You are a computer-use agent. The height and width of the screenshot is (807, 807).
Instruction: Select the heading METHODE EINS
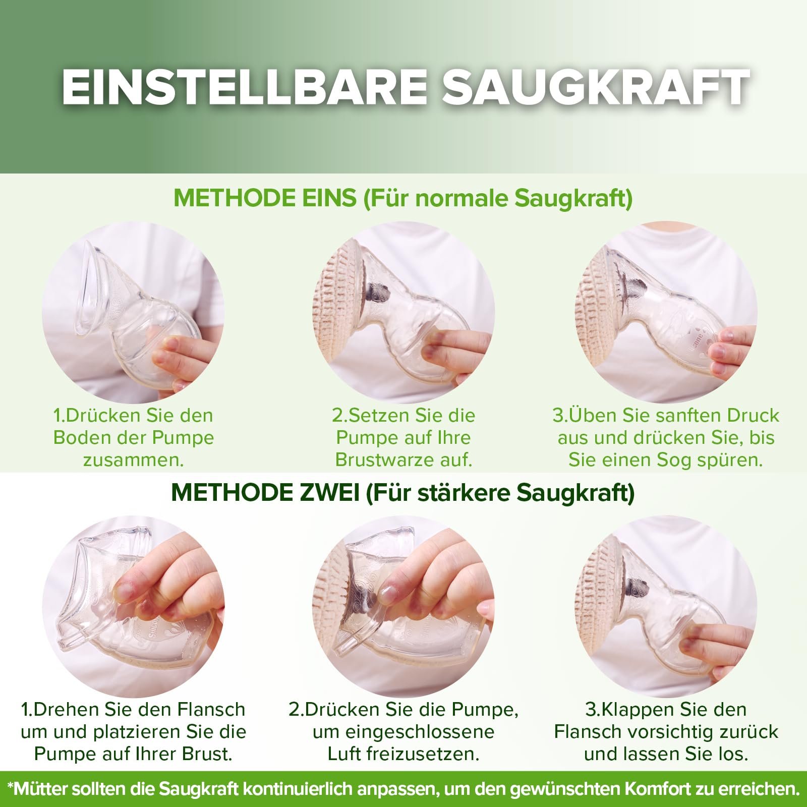(x=265, y=198)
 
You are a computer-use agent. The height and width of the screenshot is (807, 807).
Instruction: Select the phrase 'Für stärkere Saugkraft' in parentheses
(x=500, y=493)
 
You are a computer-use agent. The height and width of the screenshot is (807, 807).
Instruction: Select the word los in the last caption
(x=733, y=754)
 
